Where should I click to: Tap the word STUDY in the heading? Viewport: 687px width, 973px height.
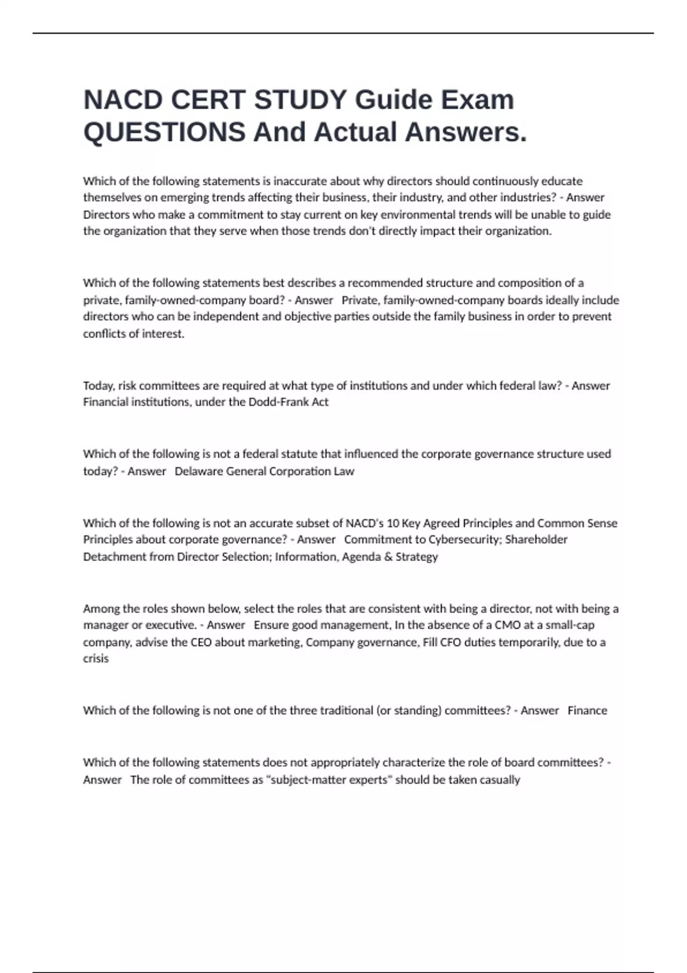coord(300,100)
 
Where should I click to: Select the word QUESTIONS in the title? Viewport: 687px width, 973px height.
coord(164,132)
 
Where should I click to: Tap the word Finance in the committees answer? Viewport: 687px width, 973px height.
coord(587,710)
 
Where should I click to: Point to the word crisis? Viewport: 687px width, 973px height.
coord(96,659)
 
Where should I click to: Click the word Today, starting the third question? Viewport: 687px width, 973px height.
coord(99,385)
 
